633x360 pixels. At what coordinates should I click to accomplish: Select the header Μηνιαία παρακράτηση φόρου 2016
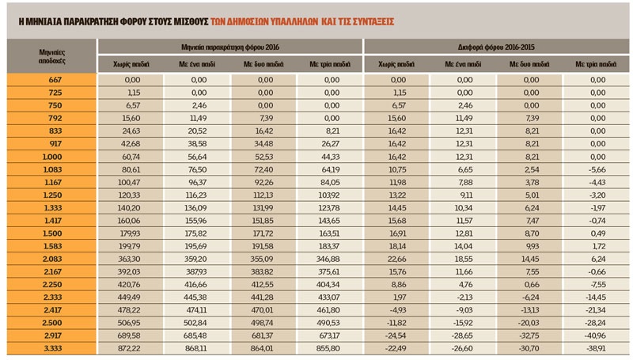230,47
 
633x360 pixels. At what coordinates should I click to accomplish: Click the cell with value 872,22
131,348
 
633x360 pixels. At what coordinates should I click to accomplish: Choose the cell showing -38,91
596,348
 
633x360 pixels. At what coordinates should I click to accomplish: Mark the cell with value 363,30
131,258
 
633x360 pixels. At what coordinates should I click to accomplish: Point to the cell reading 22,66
396,258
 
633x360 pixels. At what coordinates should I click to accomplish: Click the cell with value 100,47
131,182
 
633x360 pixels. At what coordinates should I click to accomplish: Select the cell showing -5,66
596,169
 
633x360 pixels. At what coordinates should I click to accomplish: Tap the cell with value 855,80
330,348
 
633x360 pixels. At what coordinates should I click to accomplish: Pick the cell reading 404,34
330,284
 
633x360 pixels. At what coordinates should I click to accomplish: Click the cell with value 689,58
131,335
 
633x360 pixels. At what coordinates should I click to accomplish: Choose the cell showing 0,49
596,233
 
